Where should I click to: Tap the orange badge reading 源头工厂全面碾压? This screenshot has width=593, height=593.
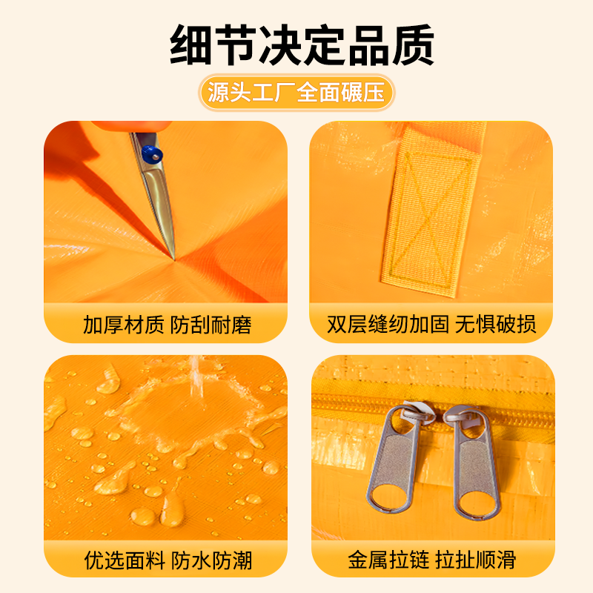pos(296,93)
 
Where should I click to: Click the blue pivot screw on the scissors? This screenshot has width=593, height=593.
pos(152,154)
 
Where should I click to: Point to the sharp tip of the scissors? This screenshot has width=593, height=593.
pos(173,257)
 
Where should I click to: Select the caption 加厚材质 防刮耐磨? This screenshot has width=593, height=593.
pos(167,325)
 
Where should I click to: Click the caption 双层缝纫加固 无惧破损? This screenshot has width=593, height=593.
pos(431,325)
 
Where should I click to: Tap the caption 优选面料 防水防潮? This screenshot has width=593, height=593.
pos(167,559)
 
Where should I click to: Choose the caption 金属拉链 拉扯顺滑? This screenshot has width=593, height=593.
pos(431,559)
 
